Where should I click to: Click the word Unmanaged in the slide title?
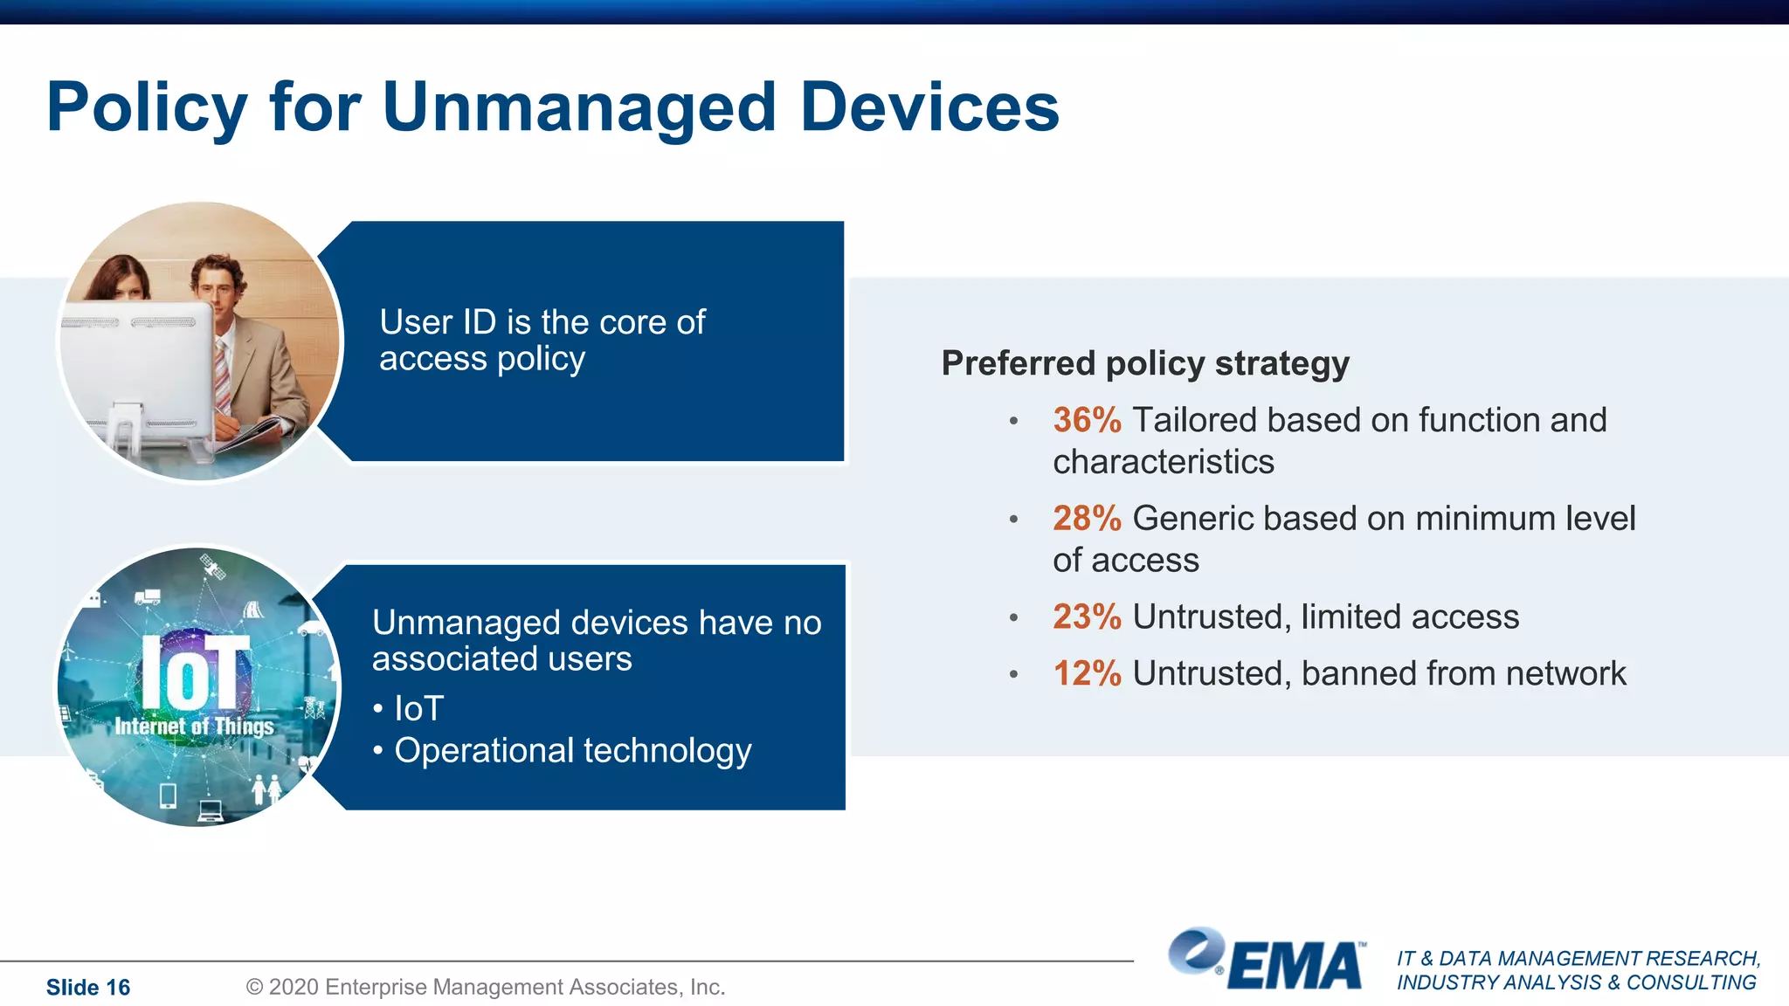coord(578,108)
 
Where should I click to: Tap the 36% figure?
coord(1086,420)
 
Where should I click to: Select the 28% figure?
coord(1086,519)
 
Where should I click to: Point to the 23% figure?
coord(1086,617)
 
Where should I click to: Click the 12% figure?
coord(1086,674)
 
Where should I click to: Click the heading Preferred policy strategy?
coord(1144,363)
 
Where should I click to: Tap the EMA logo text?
coord(1295,967)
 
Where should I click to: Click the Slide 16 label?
coord(87,988)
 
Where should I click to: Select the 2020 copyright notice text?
coord(486,988)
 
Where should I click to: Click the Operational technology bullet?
coord(572,751)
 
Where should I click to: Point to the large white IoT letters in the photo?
coord(195,672)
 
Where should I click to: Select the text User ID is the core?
coord(542,322)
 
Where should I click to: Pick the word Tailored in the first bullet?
coord(1194,420)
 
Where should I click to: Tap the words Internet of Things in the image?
coord(194,727)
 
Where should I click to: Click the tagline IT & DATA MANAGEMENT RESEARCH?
coord(1578,959)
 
